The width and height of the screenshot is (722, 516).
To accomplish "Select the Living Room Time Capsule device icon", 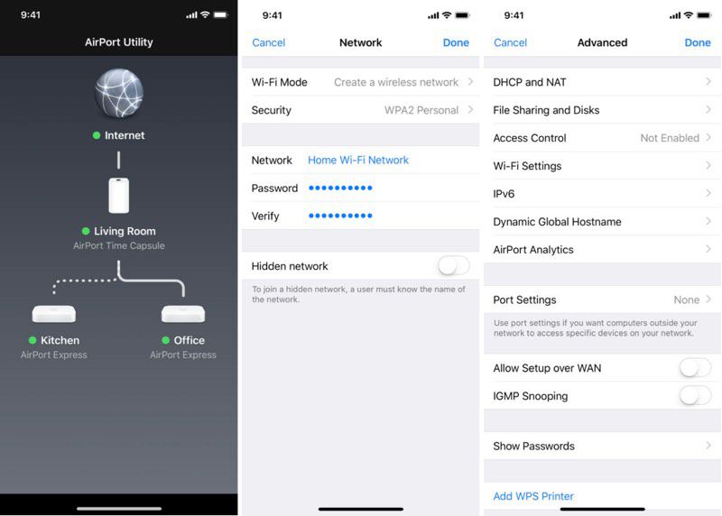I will (x=118, y=195).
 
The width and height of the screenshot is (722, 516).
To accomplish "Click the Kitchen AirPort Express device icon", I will (x=54, y=314).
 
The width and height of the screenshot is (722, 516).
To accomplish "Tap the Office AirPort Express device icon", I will (x=183, y=314).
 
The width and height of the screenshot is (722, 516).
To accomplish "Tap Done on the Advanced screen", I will (x=697, y=42).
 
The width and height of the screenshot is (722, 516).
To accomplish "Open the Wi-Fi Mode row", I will (x=361, y=82).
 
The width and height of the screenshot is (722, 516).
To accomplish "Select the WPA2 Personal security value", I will (x=421, y=110).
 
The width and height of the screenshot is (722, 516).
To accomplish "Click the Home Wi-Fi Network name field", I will (x=358, y=160).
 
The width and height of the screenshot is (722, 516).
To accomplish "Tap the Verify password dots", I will (x=340, y=217).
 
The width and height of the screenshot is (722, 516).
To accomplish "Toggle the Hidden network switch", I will (x=453, y=266).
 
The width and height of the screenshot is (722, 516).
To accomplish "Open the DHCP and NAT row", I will (x=602, y=82).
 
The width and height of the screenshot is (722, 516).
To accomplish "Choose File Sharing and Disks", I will (x=602, y=110).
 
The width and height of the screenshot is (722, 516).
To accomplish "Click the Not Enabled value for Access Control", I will (x=670, y=138).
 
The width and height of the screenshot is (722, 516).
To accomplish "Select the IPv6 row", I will (x=602, y=194).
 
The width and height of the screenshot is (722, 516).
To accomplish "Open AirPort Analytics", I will (x=602, y=250).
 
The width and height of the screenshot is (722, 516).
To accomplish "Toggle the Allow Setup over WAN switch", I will (x=695, y=368).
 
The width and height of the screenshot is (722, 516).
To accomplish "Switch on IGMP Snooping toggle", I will (x=695, y=396).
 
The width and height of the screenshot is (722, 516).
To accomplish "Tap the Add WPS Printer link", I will (x=533, y=496).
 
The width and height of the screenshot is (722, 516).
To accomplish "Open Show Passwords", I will (x=602, y=447).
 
